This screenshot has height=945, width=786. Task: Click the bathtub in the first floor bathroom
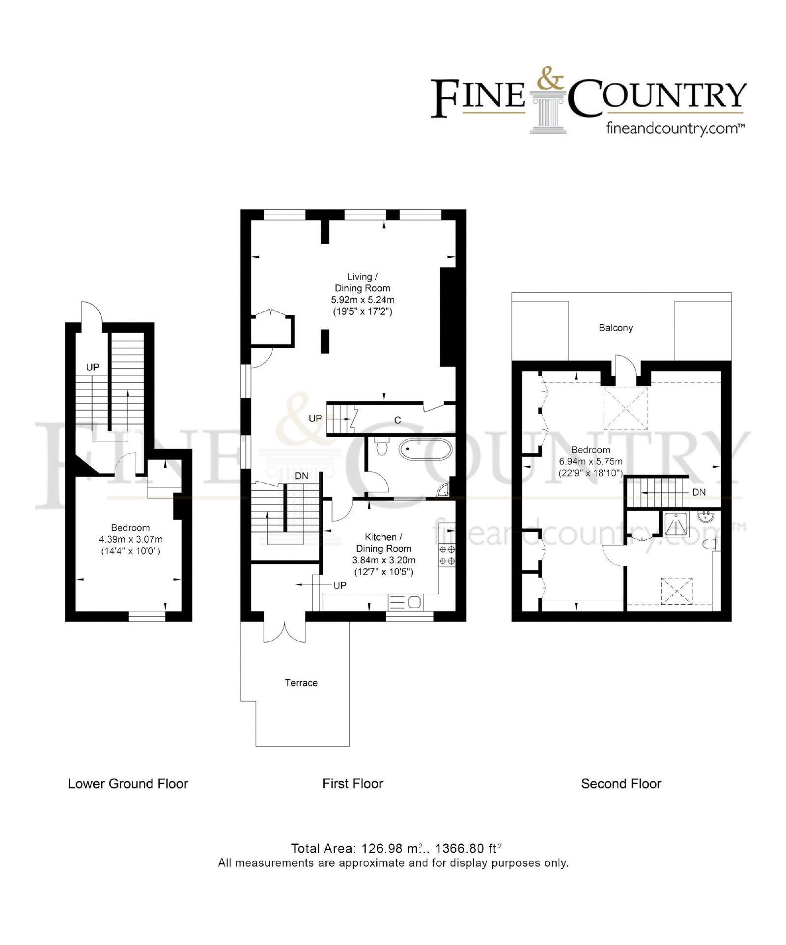point(425,449)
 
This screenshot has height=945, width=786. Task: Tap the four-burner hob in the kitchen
point(447,555)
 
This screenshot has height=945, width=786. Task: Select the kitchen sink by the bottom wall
point(405,602)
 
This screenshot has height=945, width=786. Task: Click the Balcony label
point(616,328)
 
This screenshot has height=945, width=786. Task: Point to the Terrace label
point(301,683)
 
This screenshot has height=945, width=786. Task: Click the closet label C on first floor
point(397,420)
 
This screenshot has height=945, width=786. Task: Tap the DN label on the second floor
point(699,492)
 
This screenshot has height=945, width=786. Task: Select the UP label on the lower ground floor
point(92,367)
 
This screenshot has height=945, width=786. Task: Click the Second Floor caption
point(621,783)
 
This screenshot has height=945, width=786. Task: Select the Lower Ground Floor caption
point(128,783)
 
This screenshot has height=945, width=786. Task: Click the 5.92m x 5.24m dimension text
point(363,300)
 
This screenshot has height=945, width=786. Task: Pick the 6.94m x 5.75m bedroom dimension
point(590,461)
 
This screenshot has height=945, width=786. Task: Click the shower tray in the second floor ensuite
point(676,524)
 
